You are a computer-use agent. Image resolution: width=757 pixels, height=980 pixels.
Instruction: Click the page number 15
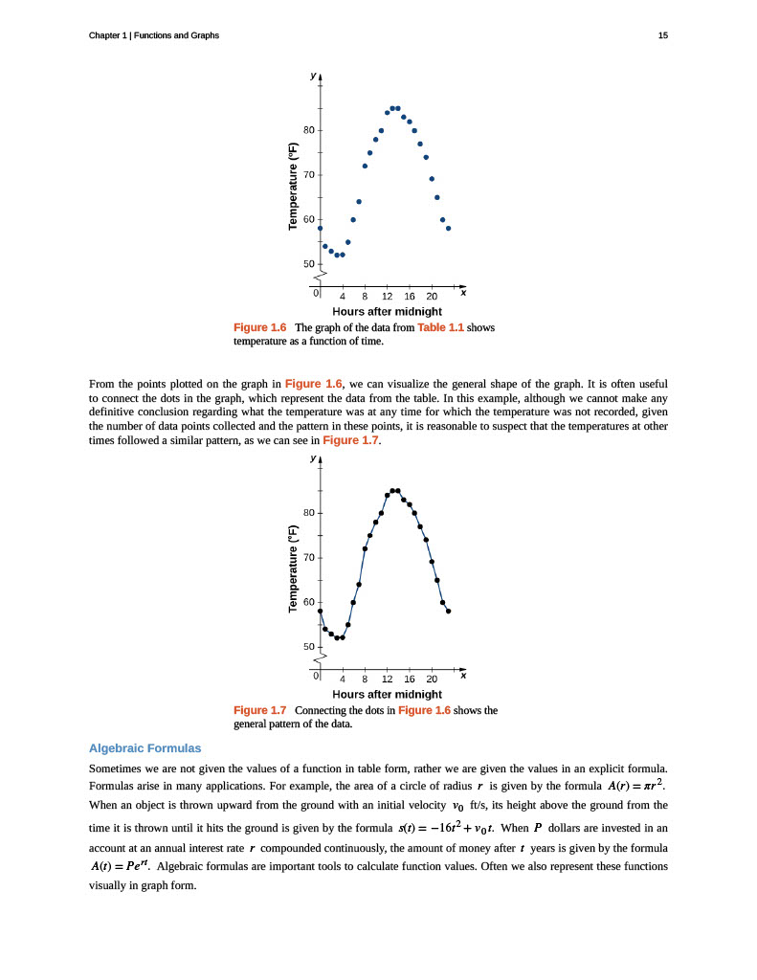coord(662,35)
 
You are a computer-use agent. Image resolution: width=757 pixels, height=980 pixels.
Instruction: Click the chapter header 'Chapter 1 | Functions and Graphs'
coord(153,35)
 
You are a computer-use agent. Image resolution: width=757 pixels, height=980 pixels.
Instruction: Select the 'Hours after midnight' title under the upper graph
coord(387,311)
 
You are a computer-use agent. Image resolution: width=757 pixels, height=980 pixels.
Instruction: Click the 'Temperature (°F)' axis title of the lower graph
coord(295,570)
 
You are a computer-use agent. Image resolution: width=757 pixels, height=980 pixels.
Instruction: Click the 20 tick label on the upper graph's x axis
coord(432,295)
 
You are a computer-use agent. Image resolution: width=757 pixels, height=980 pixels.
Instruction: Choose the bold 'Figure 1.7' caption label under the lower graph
coord(260,710)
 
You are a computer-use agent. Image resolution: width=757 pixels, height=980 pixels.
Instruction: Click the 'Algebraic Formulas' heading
coord(145,747)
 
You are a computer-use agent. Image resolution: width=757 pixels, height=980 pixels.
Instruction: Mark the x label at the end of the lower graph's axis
coord(463,676)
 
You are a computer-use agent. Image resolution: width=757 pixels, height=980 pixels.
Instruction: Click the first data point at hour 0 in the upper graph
coord(321,229)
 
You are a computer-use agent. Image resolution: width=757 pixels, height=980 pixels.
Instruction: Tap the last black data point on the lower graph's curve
coord(448,611)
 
